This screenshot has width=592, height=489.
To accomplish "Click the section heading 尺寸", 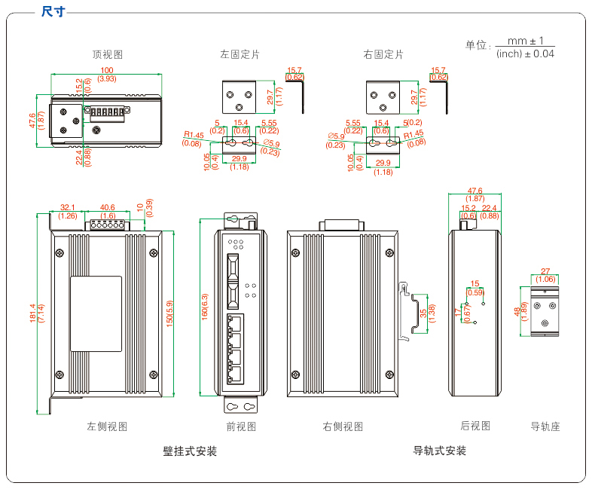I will point(52,10).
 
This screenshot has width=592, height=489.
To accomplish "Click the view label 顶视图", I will point(108,54).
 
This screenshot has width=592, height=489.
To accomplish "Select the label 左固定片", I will point(240,54).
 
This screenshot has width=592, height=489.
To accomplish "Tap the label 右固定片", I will point(383,54).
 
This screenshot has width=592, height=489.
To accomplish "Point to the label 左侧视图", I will point(107,426).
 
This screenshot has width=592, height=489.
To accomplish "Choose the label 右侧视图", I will point(343,426).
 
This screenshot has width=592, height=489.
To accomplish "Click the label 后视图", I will point(475,426).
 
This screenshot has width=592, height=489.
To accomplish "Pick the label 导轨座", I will point(545,426).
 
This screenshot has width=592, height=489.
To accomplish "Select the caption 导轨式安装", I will point(440,451).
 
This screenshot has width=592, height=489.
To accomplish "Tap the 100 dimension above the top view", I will point(107,71).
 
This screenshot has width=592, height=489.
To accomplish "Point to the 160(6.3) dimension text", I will point(204,306).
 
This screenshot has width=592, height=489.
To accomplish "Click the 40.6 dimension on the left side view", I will point(107,207).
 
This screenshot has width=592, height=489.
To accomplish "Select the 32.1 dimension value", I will point(68,207).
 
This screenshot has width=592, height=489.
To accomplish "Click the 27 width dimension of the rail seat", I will point(545,271).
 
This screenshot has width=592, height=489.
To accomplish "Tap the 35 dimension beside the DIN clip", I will point(423,311).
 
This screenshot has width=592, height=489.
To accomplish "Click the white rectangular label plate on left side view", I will point(96,313).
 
